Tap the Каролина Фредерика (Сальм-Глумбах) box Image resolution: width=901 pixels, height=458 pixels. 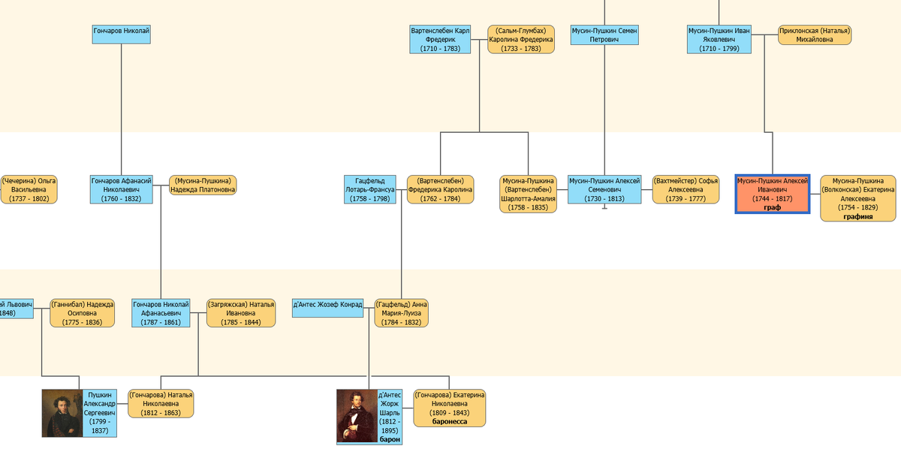520,39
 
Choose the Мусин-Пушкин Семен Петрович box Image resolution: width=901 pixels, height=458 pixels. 604,35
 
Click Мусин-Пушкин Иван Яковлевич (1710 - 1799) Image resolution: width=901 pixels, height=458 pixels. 719,39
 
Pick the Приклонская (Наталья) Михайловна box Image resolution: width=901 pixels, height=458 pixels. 815,35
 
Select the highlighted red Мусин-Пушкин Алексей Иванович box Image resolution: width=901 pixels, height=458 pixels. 772,194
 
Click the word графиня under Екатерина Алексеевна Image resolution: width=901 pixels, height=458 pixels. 857,216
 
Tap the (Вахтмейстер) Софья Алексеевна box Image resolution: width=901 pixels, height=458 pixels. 686,189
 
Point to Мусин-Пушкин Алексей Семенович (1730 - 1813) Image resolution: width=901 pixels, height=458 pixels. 604,189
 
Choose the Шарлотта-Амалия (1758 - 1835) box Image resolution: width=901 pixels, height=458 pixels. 529,194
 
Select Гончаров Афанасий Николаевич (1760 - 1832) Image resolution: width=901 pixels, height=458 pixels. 122,189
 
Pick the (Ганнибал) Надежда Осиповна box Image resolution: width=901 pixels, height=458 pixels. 83,312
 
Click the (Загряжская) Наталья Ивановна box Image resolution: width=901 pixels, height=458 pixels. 241,312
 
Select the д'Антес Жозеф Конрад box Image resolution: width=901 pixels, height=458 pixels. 328,308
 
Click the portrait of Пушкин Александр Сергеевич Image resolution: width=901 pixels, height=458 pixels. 61,413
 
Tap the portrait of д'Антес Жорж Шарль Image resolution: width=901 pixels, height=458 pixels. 356,415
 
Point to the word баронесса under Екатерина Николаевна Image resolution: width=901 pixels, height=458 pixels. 450,422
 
